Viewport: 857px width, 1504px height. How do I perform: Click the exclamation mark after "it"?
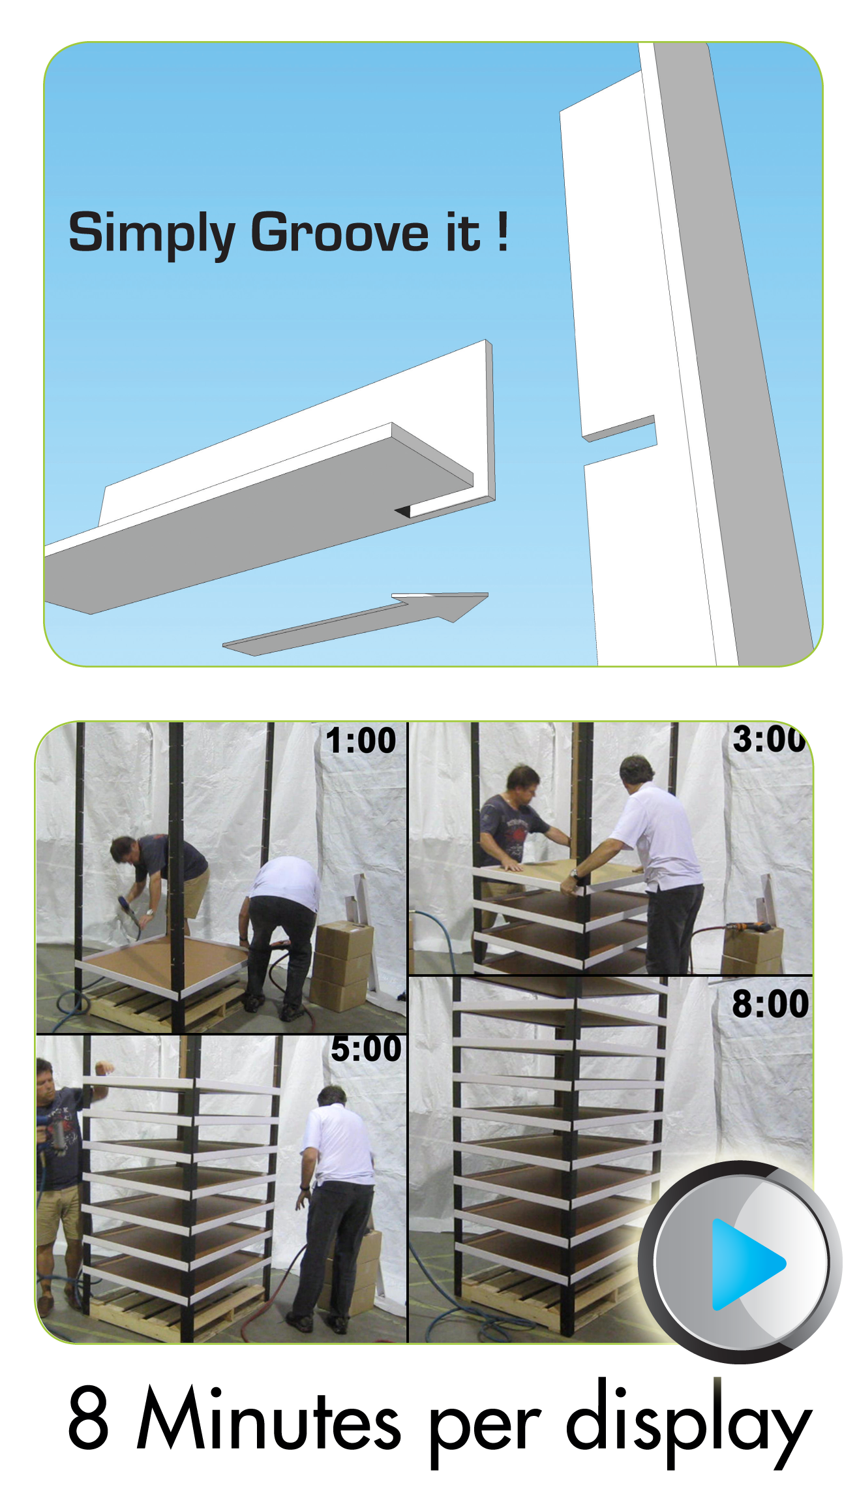pyautogui.click(x=502, y=231)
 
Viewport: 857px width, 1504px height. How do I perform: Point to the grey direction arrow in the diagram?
pyautogui.click(x=355, y=623)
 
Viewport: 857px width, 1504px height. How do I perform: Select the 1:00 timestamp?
pyautogui.click(x=361, y=741)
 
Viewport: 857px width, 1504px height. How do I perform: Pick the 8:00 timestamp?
pyautogui.click(x=770, y=1004)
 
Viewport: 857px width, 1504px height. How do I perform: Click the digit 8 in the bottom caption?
pyautogui.click(x=88, y=1417)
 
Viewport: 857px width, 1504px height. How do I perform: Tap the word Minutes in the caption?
pyautogui.click(x=268, y=1416)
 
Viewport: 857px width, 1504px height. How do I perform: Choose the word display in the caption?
pyautogui.click(x=689, y=1422)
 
